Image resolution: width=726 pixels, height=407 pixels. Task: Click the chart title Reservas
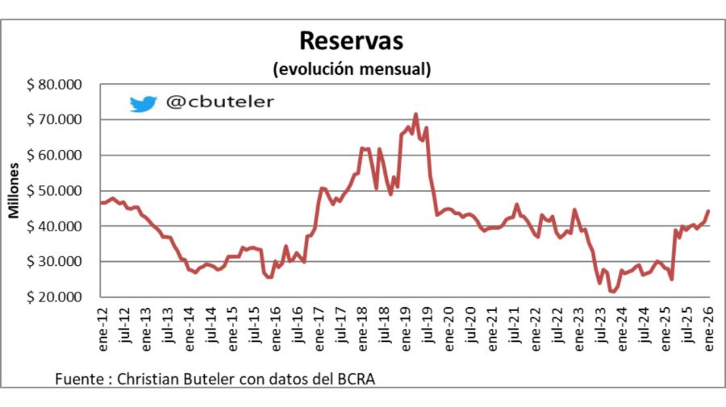tap(351, 41)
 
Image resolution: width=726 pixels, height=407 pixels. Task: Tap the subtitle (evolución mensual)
tap(352, 69)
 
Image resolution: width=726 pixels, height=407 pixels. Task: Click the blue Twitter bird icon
tap(143, 103)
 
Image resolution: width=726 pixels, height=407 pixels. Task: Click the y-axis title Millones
tap(15, 191)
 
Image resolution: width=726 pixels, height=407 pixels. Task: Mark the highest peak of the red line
tap(416, 114)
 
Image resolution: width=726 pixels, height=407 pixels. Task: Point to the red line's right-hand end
tap(708, 211)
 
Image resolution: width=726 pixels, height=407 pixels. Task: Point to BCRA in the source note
tap(355, 379)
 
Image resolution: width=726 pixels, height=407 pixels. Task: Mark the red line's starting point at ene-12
tap(101, 202)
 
